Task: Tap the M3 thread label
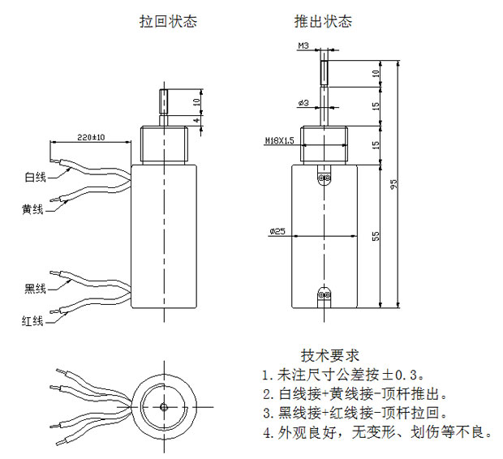coord(303,46)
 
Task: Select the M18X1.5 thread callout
coord(280,141)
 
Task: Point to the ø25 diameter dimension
coord(277,233)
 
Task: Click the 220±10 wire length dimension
coord(91,136)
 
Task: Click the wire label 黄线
coord(32,209)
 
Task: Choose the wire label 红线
coord(32,321)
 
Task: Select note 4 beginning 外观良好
coord(377,432)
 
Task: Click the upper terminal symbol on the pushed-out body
coord(325,177)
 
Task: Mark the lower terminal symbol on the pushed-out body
coord(325,296)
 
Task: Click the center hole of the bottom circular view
coord(163,405)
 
